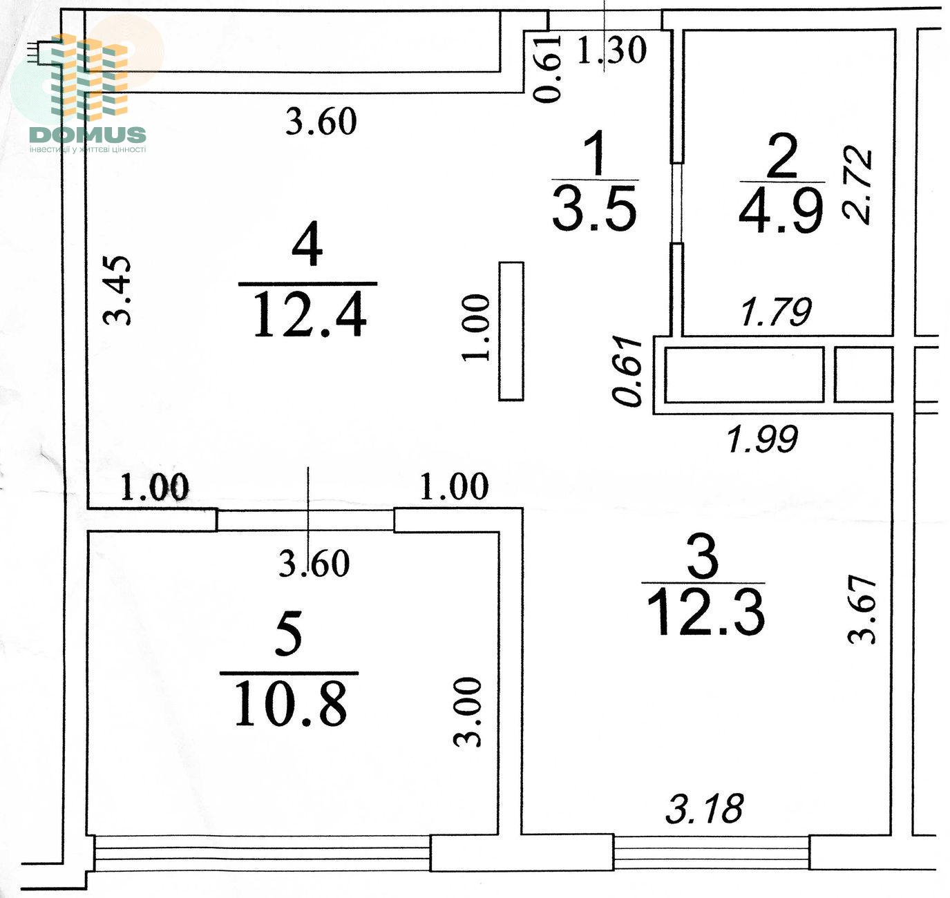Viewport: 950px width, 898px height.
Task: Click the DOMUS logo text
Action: point(88,135)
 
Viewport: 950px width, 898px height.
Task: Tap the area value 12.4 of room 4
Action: point(309,316)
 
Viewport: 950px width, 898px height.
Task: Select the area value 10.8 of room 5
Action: point(291,707)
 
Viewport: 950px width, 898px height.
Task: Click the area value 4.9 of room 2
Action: point(782,210)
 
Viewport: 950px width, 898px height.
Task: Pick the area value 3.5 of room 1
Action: point(594,207)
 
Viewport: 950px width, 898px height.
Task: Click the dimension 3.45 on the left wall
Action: point(117,290)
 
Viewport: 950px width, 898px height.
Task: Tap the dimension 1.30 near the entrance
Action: point(612,50)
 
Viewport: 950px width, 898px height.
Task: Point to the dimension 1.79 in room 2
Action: point(776,312)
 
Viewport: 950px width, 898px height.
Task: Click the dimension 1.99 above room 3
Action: point(763,439)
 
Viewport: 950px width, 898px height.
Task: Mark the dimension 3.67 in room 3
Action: point(862,609)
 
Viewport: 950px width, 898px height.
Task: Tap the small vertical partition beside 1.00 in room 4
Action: point(511,332)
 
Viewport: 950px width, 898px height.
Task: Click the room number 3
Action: point(703,557)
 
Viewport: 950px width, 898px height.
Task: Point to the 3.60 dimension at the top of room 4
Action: point(321,122)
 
